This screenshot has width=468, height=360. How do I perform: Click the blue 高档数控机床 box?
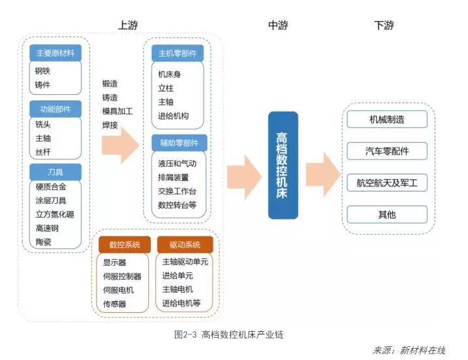pos(283,165)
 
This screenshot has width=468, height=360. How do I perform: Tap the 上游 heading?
pos(128,25)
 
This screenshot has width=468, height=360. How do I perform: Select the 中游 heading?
pos(278,25)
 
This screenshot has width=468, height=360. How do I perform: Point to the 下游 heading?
pos(384,25)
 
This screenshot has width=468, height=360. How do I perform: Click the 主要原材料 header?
pos(55,53)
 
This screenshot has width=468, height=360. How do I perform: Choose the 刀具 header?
pos(55,172)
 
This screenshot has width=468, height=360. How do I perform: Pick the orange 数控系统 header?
pos(124,245)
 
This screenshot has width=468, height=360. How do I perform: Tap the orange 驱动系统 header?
pos(185,245)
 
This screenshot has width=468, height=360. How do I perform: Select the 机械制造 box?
pos(387,120)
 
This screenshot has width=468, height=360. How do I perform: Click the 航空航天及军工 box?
pos(387,184)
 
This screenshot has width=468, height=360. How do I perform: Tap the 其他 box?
pos(387,215)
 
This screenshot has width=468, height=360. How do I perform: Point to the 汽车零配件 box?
pos(387,152)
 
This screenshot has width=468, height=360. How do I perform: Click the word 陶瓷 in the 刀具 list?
pos(44,242)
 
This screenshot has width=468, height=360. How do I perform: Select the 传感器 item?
pos(114,304)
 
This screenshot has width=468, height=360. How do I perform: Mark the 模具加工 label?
pos(117,111)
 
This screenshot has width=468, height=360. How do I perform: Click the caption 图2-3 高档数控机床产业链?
pos(228,335)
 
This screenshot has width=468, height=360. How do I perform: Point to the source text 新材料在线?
pos(422,350)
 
